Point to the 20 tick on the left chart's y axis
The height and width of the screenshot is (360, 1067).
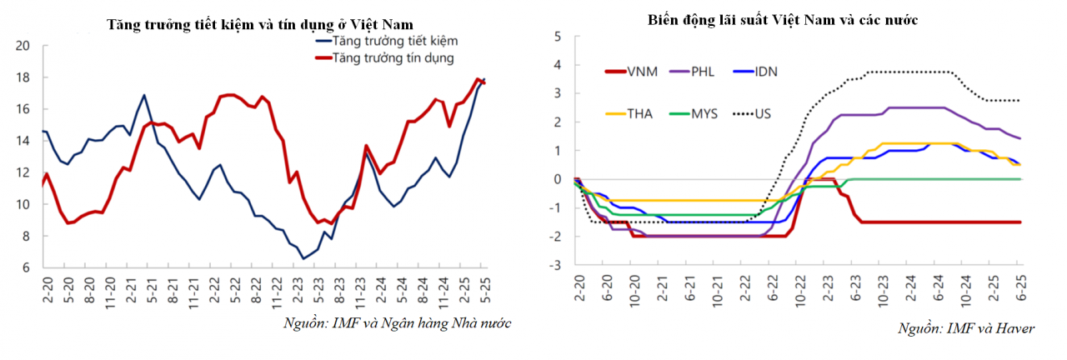23,46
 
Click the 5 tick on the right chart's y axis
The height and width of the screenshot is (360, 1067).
559,37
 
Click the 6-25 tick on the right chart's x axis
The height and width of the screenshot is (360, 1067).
1020,289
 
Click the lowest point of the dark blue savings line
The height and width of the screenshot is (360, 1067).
303,258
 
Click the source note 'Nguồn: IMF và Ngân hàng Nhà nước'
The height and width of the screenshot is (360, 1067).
397,322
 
